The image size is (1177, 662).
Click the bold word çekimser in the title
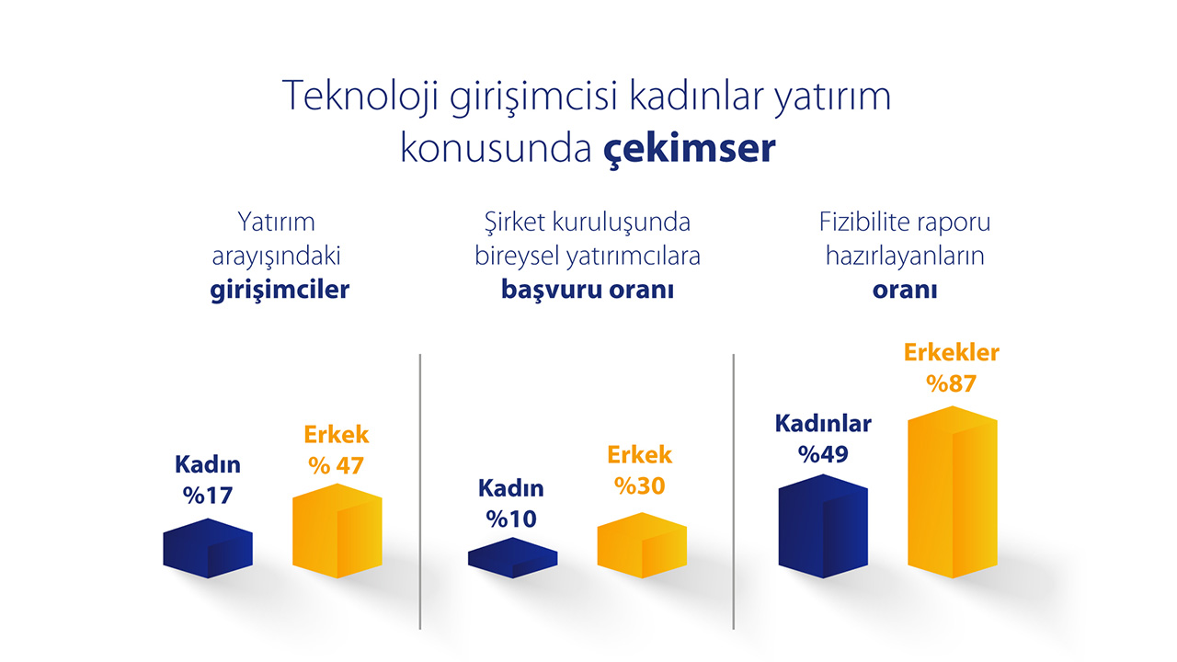click(689, 149)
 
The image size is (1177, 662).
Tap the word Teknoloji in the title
click(360, 96)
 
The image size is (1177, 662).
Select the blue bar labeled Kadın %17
click(208, 548)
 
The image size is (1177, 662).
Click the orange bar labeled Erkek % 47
click(337, 531)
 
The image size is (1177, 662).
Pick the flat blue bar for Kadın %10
click(512, 557)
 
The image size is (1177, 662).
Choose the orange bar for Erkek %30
click(642, 545)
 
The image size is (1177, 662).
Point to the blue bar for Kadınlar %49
click(823, 526)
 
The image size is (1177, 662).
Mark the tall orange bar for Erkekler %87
click(952, 492)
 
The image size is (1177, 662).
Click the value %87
click(951, 383)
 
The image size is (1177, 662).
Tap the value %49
click(823, 454)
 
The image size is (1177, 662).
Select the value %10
click(511, 519)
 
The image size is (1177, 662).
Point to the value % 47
click(336, 465)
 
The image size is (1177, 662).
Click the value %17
click(208, 496)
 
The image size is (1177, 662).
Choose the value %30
click(639, 486)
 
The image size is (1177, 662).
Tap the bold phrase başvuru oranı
click(588, 290)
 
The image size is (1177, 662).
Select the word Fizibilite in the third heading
click(860, 222)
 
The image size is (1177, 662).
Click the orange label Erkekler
click(952, 352)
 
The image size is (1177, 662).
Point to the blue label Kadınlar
click(823, 424)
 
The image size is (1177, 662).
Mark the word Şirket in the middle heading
click(515, 223)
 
